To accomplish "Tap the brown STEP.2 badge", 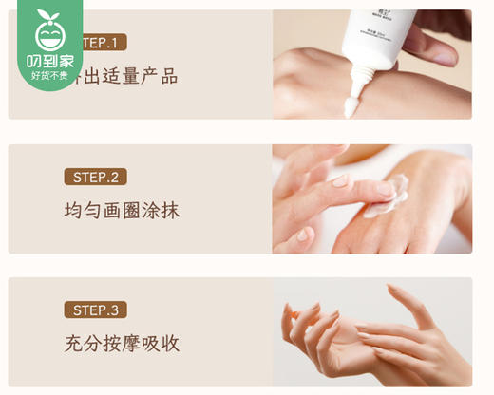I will (95, 177).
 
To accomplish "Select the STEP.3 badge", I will (95, 310).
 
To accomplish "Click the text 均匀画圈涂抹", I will (121, 210).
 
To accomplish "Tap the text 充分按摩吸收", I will (121, 343).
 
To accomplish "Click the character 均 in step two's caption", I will (73, 210).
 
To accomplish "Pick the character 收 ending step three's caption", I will (168, 343).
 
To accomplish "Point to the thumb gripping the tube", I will (432, 43).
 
